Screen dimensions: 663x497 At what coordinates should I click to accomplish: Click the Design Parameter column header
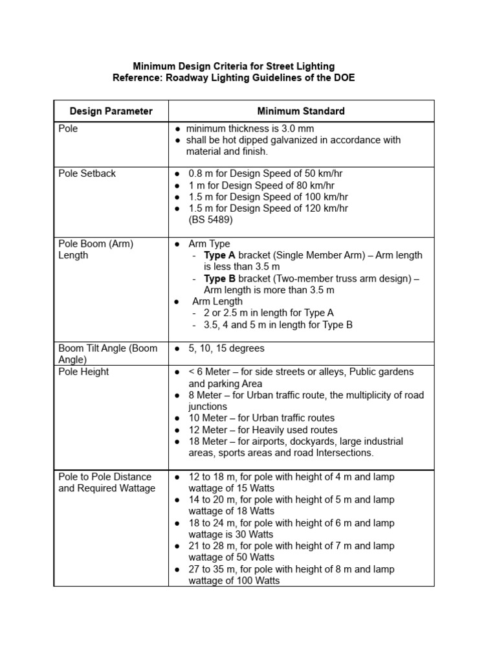111,111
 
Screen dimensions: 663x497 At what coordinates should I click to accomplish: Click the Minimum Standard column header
301,111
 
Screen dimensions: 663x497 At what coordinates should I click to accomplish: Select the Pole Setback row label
87,174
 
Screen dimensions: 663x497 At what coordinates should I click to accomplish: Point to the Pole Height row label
83,372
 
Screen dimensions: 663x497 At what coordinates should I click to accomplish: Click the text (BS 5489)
212,220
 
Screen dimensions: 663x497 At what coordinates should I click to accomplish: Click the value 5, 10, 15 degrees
226,348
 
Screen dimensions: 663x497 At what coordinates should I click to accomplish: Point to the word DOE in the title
344,78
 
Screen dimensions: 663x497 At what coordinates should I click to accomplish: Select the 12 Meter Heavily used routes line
263,430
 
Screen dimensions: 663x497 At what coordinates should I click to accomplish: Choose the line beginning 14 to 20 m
291,500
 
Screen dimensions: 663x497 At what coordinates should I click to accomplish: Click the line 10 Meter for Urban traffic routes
261,418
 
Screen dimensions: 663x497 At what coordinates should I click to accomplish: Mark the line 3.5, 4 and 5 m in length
278,325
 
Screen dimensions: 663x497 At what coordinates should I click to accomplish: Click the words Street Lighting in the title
305,66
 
